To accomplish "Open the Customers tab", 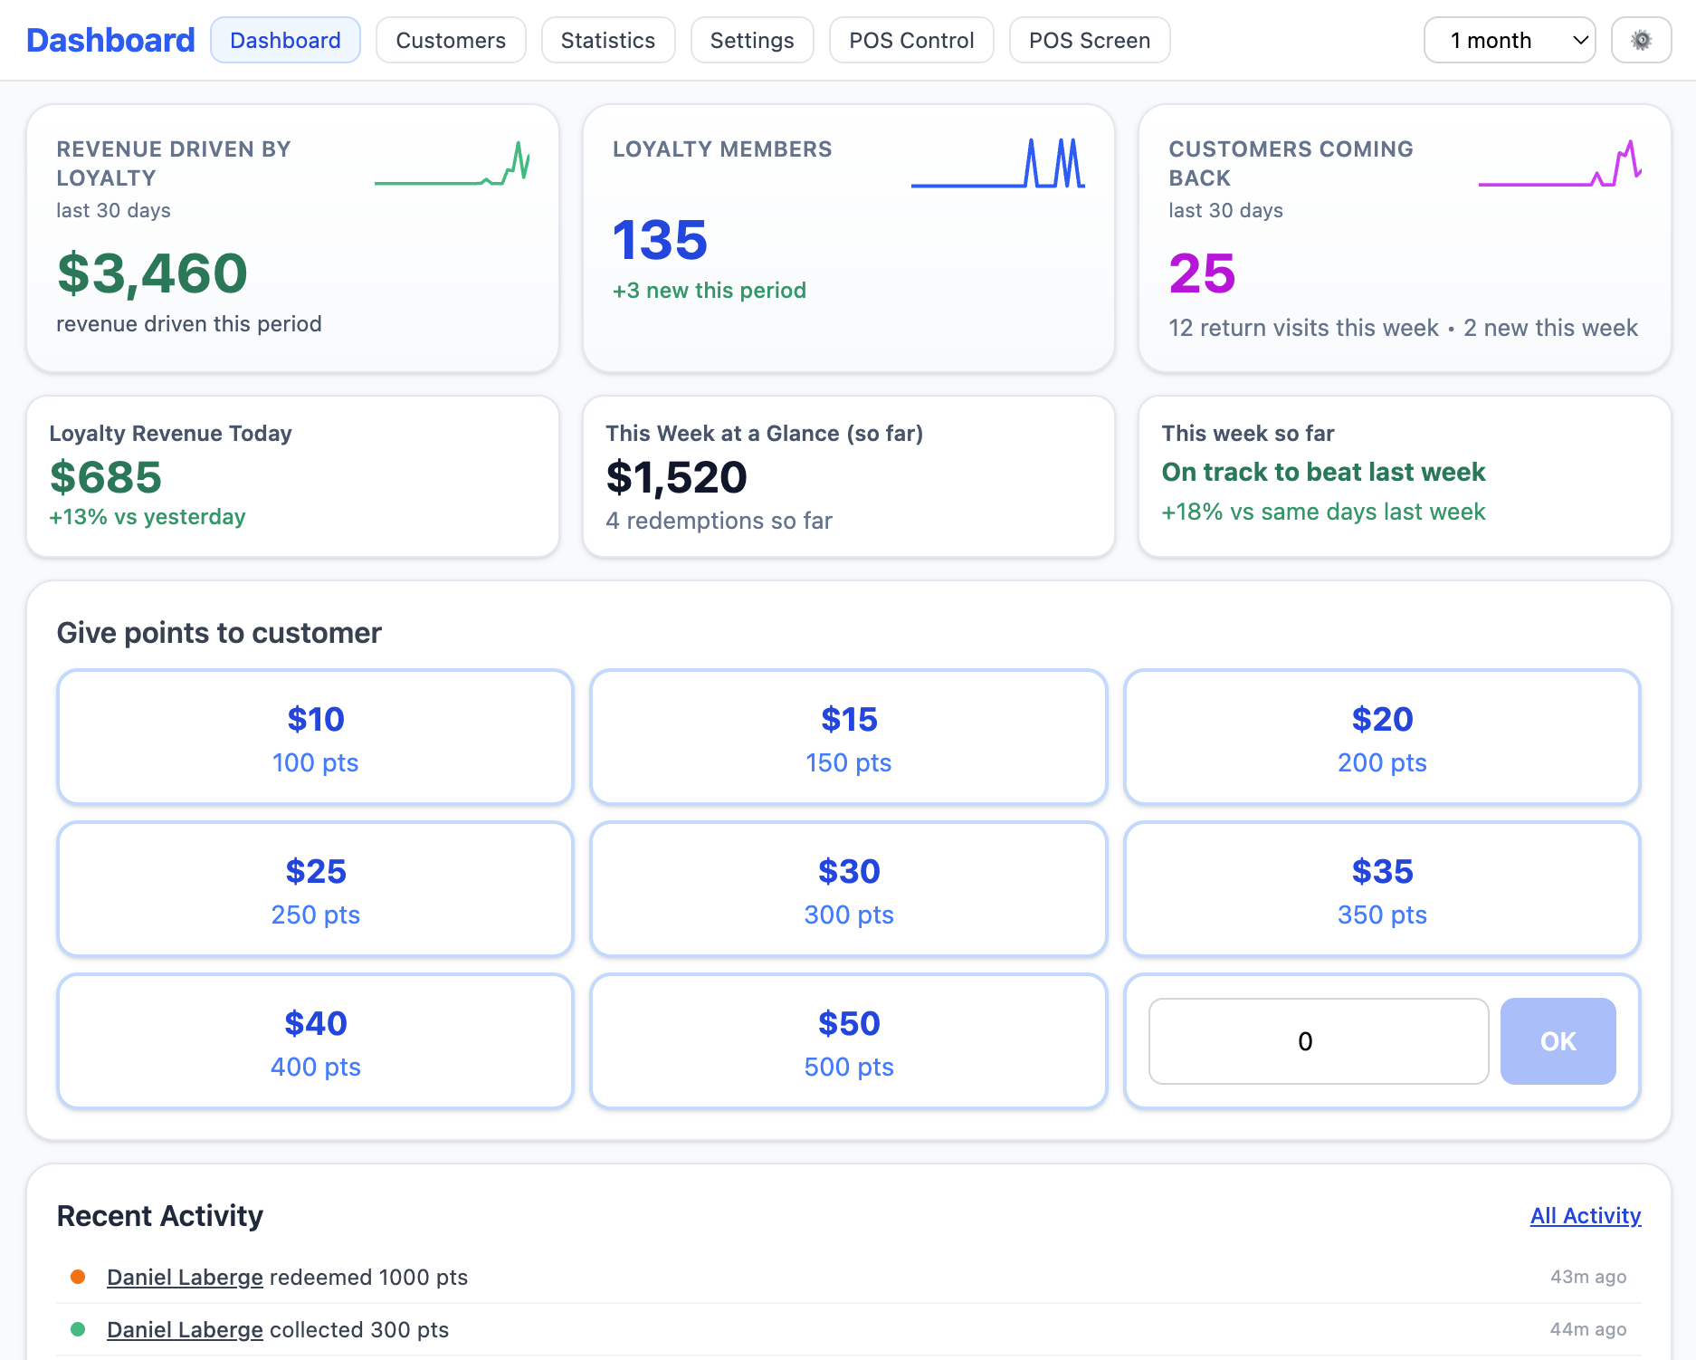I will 451,41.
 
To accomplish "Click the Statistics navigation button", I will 607,41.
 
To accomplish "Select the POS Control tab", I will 910,41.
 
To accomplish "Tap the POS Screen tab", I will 1089,41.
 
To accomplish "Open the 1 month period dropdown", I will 1509,41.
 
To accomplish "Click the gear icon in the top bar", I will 1640,41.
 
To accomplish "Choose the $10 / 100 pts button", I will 315,737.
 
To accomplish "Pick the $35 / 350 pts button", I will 1381,889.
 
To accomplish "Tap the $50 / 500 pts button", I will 848,1041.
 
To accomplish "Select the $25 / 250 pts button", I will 315,889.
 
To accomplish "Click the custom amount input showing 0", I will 1318,1041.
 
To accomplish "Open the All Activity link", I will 1585,1215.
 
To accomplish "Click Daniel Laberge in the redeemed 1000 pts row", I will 185,1277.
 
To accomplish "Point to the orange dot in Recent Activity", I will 78,1277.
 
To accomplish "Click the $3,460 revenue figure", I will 152,273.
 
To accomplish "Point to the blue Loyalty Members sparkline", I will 997,165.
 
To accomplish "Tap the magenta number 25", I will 1201,273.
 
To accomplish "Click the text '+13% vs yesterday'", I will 148,517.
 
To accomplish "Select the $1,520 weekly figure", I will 676,477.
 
